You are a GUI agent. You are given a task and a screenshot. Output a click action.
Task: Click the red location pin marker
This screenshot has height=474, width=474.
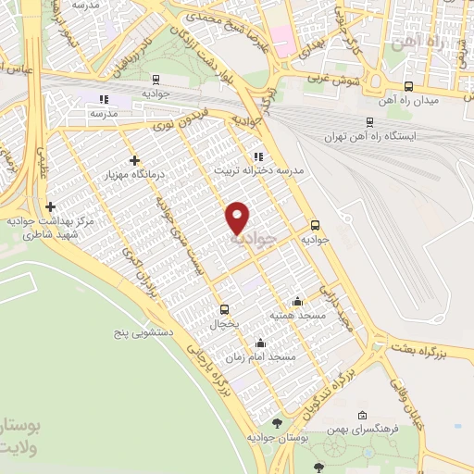click(239, 218)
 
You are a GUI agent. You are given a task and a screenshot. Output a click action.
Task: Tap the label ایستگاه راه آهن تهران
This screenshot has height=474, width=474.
click(370, 136)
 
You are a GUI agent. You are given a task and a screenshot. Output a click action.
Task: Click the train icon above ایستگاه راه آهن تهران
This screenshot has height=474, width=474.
click(370, 120)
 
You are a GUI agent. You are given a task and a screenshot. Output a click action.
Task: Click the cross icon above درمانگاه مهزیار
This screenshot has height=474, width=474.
click(135, 160)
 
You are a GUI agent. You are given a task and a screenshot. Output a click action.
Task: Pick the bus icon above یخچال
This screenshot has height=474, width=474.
click(223, 310)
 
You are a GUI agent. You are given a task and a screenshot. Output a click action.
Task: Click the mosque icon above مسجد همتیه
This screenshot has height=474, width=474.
click(296, 300)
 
